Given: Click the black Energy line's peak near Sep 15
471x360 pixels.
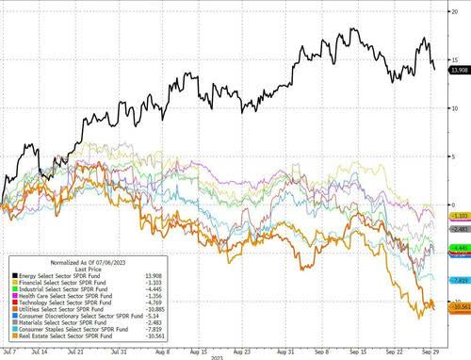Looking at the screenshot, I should click(x=350, y=29).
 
